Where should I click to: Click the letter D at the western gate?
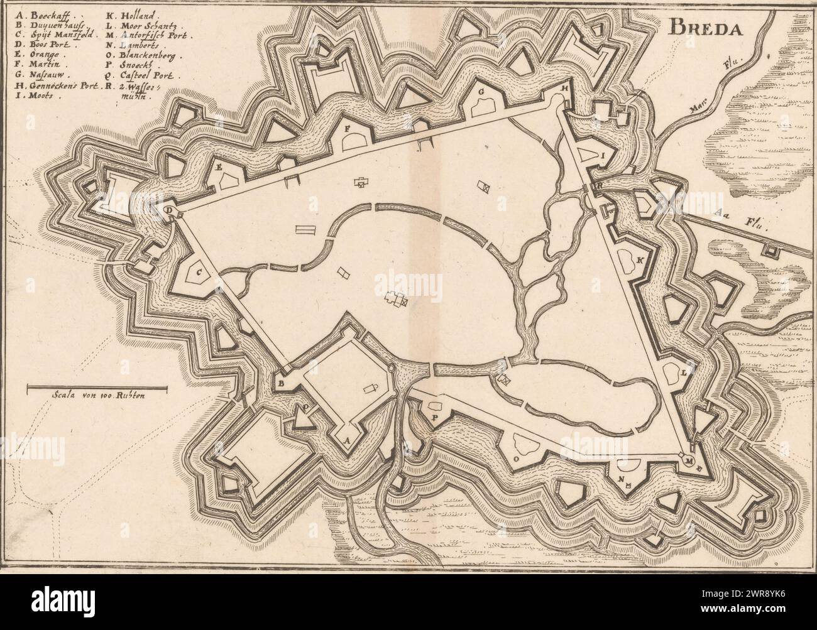pos(169,210)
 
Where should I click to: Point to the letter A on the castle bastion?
pos(347,438)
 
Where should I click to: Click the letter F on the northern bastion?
pos(347,128)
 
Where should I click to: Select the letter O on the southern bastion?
pos(517,459)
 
